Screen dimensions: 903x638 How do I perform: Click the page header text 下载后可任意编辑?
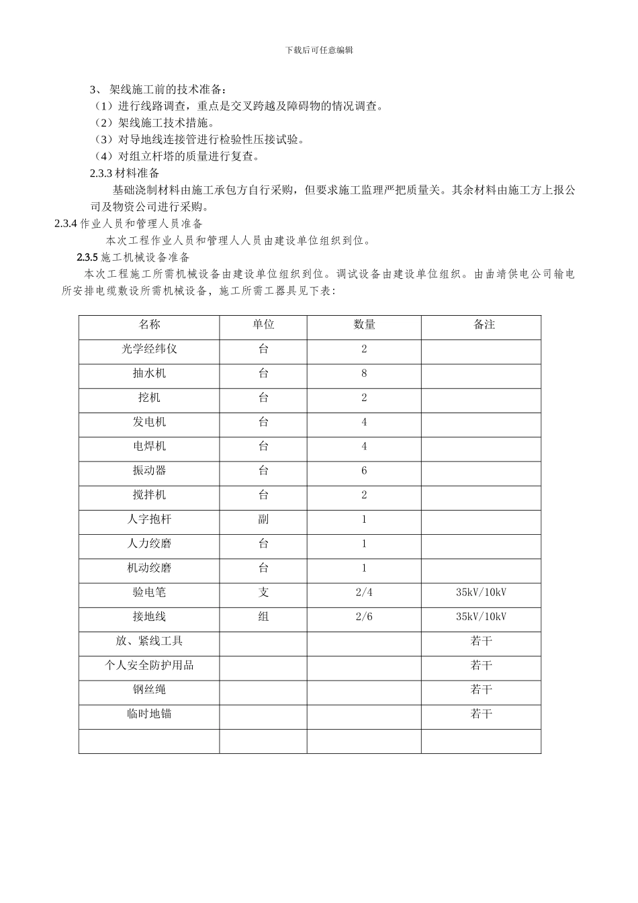[319, 50]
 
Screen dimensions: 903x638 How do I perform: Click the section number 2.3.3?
[101, 173]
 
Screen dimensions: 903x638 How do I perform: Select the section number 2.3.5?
[88, 257]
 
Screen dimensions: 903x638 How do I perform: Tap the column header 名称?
[149, 325]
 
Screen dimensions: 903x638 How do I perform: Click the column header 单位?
[263, 325]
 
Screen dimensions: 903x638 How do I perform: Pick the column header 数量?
[364, 325]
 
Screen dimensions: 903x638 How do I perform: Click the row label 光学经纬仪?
[149, 349]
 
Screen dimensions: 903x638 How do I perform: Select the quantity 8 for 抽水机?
[364, 374]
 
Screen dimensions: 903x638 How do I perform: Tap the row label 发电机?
[149, 422]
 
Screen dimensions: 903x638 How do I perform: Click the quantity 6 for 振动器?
[364, 471]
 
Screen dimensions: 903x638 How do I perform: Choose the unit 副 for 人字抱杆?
[263, 519]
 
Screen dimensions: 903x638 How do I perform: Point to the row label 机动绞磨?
[149, 568]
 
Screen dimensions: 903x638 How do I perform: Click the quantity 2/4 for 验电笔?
[364, 593]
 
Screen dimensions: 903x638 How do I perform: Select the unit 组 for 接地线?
[263, 617]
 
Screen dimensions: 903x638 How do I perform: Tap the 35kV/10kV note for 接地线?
[481, 617]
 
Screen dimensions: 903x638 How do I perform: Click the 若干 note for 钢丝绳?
[481, 689]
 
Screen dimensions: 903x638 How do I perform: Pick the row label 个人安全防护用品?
[149, 665]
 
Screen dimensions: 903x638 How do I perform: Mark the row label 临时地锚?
[149, 714]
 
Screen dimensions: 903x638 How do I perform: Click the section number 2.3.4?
[66, 224]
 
